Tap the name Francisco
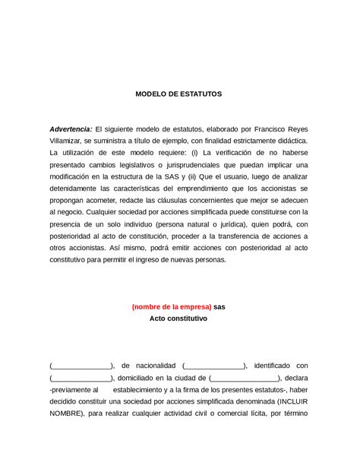click(x=263, y=128)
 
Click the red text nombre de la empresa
click(x=171, y=306)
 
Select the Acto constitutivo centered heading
click(x=179, y=319)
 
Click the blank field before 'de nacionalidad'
click(x=81, y=366)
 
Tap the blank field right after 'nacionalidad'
click(x=214, y=366)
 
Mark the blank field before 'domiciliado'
click(x=81, y=378)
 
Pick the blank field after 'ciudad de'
click(x=244, y=378)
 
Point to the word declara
click(x=297, y=378)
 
